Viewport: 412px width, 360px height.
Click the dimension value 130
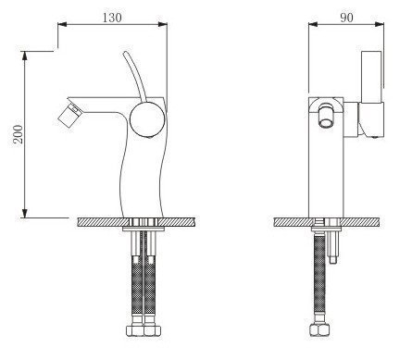coord(112,18)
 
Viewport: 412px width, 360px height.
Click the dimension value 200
coord(19,134)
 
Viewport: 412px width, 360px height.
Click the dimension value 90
coord(346,18)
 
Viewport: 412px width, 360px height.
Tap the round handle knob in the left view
coord(147,118)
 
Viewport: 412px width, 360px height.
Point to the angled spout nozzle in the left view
coord(70,115)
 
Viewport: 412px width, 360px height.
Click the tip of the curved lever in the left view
coord(125,53)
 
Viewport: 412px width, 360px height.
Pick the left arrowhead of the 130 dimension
coord(62,24)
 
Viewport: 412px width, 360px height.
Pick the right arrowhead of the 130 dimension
coord(163,24)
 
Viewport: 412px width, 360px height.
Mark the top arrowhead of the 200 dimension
coord(25,56)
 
